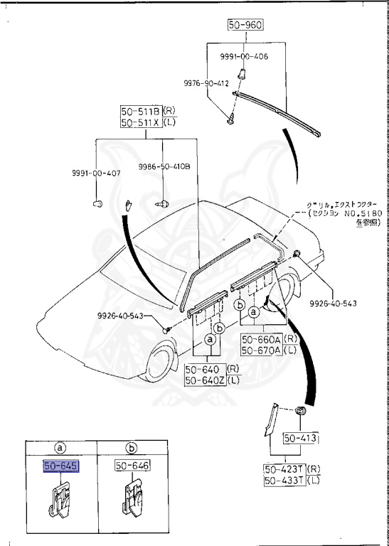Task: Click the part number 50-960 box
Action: coord(245,25)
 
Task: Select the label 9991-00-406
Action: coord(243,56)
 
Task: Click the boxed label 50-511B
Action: coord(140,111)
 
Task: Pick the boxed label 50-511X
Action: coord(140,122)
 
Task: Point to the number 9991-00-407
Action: coord(96,173)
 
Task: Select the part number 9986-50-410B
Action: coord(164,167)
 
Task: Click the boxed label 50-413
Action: coord(299,437)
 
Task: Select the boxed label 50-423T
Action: coord(284,470)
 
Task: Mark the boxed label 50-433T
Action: coord(284,481)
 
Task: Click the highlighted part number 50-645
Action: coord(61,466)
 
